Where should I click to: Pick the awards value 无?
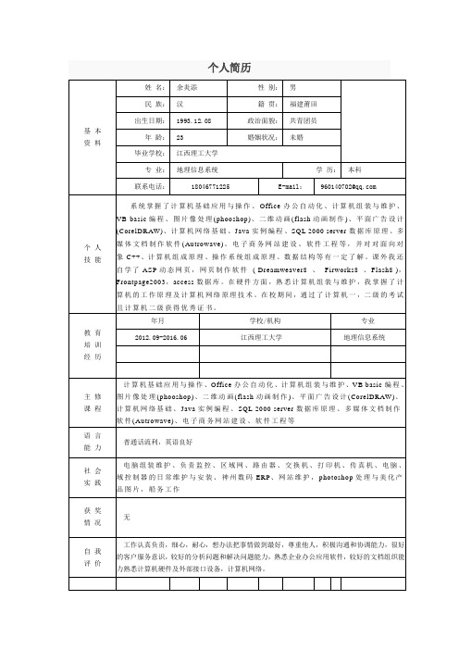coord(127,516)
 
